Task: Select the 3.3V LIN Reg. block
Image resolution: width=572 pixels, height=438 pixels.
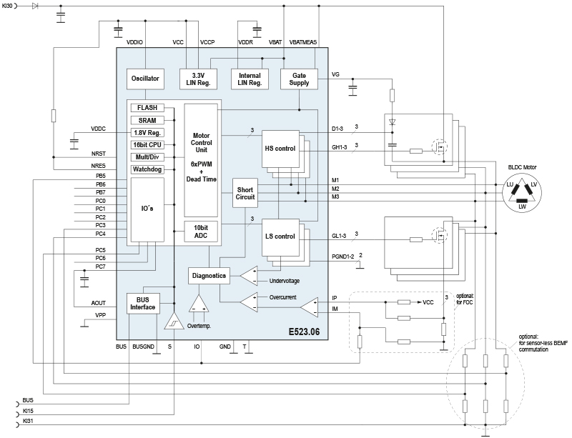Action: pyautogui.click(x=197, y=79)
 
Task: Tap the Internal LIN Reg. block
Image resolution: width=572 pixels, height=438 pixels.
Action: pyautogui.click(x=248, y=79)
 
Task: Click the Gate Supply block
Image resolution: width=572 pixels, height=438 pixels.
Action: pyautogui.click(x=300, y=79)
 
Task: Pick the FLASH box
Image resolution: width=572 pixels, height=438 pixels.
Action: pyautogui.click(x=149, y=108)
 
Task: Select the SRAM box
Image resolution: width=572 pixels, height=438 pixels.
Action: pyautogui.click(x=149, y=120)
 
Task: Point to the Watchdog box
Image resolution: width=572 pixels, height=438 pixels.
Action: pyautogui.click(x=149, y=169)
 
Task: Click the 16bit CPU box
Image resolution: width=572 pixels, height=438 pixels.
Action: pyautogui.click(x=149, y=145)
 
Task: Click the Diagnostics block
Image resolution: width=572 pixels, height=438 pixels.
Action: pyautogui.click(x=209, y=275)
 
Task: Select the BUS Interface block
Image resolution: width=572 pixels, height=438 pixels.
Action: pyautogui.click(x=143, y=303)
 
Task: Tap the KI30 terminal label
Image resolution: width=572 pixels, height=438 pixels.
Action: pyautogui.click(x=10, y=6)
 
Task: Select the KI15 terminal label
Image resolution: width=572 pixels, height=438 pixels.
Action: pyautogui.click(x=28, y=412)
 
